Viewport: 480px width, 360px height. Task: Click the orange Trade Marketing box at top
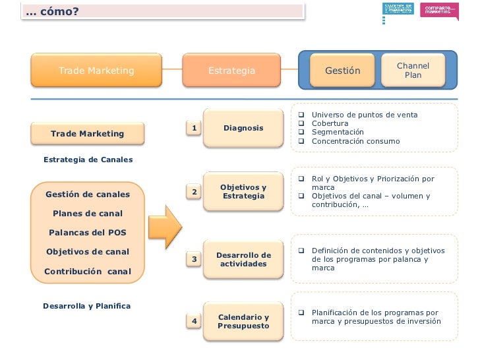click(x=96, y=71)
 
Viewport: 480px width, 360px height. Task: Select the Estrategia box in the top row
click(x=231, y=71)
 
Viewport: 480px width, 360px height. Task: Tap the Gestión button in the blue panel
click(x=343, y=71)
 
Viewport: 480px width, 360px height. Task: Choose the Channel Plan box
click(x=413, y=71)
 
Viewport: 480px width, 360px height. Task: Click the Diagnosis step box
click(x=243, y=128)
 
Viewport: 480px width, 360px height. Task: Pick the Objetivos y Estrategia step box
click(x=243, y=192)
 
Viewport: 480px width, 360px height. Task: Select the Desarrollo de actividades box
click(x=243, y=259)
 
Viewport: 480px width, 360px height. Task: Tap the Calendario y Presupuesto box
click(x=243, y=322)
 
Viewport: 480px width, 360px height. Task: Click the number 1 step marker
click(x=195, y=127)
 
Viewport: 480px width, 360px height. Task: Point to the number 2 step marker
click(x=195, y=192)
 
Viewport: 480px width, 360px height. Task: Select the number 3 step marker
click(x=195, y=260)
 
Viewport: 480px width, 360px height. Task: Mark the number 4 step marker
click(x=195, y=321)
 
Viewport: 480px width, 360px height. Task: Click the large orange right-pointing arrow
click(x=165, y=226)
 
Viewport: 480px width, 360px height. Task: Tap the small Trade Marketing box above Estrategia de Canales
click(x=87, y=134)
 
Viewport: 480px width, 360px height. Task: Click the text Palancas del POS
click(x=87, y=233)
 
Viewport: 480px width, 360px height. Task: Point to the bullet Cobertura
click(x=330, y=123)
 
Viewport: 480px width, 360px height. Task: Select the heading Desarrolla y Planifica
click(x=86, y=306)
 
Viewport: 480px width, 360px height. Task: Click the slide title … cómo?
click(x=52, y=11)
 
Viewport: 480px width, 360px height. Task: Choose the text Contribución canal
click(x=87, y=272)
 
